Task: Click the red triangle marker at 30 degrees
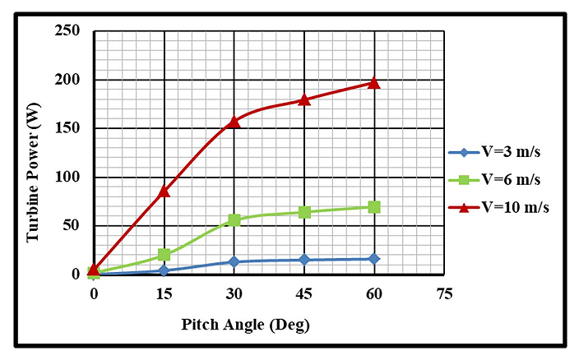click(x=234, y=121)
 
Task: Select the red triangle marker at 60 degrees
click(x=374, y=82)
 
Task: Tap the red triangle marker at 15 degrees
click(x=164, y=191)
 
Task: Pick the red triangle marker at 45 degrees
click(x=304, y=99)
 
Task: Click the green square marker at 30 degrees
click(x=234, y=220)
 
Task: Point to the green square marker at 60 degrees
click(x=374, y=207)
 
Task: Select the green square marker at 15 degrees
click(x=164, y=255)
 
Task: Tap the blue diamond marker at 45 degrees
click(x=304, y=260)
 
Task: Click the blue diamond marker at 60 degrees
click(x=374, y=259)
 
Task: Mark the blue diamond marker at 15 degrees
click(x=164, y=270)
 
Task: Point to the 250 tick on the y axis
click(x=67, y=31)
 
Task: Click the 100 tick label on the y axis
click(x=67, y=178)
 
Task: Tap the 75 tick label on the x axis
click(x=445, y=293)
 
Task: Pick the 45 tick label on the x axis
click(x=304, y=293)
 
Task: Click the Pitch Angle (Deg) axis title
click(x=245, y=325)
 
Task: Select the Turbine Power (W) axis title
click(x=34, y=177)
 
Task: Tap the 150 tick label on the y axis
click(x=67, y=129)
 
